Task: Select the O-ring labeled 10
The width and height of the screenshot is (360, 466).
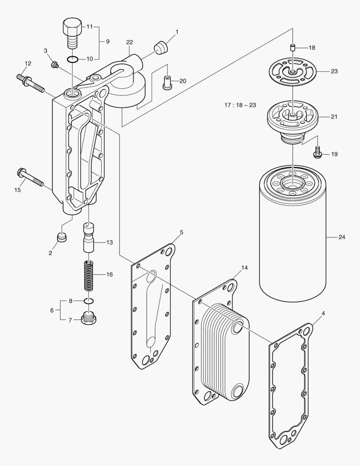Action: click(72, 59)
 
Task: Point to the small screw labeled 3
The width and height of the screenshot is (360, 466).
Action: click(55, 65)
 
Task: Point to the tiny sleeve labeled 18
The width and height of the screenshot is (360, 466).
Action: click(292, 48)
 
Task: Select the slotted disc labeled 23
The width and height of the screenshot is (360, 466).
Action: click(292, 71)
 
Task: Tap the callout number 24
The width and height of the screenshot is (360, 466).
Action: click(342, 237)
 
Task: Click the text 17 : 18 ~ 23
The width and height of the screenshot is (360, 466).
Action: click(240, 105)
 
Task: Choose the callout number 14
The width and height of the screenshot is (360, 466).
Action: click(244, 268)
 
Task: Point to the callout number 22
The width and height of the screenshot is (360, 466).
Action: click(129, 42)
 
